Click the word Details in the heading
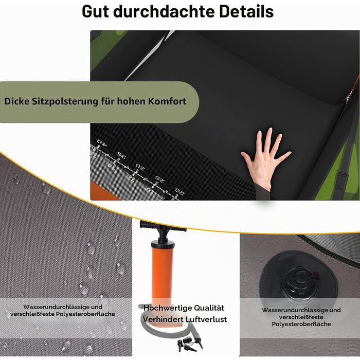click(246, 11)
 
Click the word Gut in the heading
click(95, 11)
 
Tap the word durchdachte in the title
click(164, 11)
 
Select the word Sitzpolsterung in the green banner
click(65, 101)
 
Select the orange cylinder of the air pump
click(162, 273)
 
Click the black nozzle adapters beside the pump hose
click(190, 344)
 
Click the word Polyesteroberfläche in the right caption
click(301, 324)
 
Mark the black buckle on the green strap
click(341, 182)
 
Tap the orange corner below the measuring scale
click(101, 192)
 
